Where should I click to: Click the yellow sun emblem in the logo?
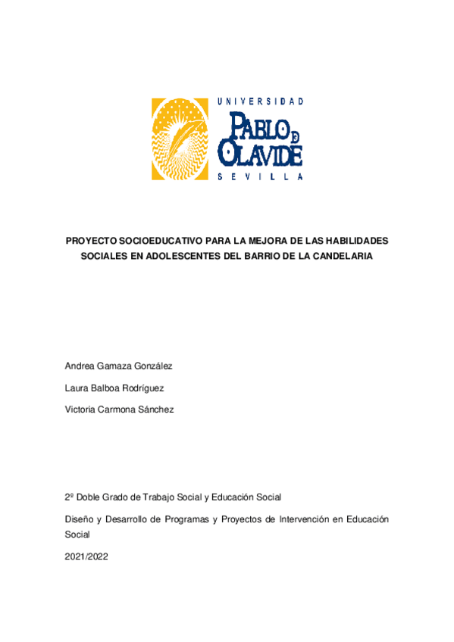180,139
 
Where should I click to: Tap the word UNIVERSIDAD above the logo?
261,101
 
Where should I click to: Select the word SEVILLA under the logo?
260,177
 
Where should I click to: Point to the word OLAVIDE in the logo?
260,153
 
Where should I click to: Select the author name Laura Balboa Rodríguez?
114,388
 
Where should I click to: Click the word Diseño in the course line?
80,519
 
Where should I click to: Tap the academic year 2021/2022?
87,556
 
